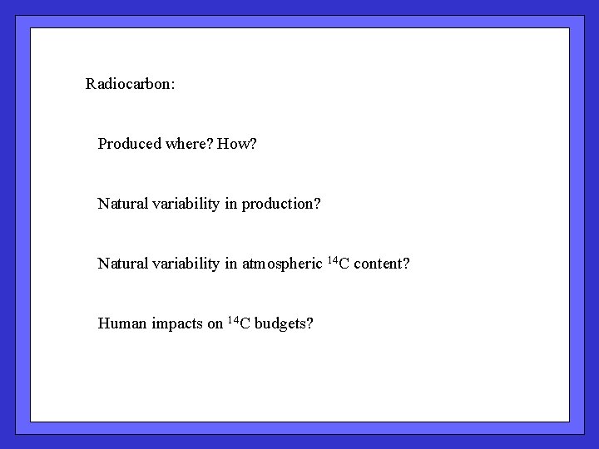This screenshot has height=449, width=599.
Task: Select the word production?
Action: tap(281, 205)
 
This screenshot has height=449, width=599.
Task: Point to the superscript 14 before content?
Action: tap(333, 260)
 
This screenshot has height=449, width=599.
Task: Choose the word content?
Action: tap(381, 264)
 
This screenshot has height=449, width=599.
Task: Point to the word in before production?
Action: tap(231, 204)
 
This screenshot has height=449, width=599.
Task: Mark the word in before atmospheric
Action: tap(231, 264)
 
